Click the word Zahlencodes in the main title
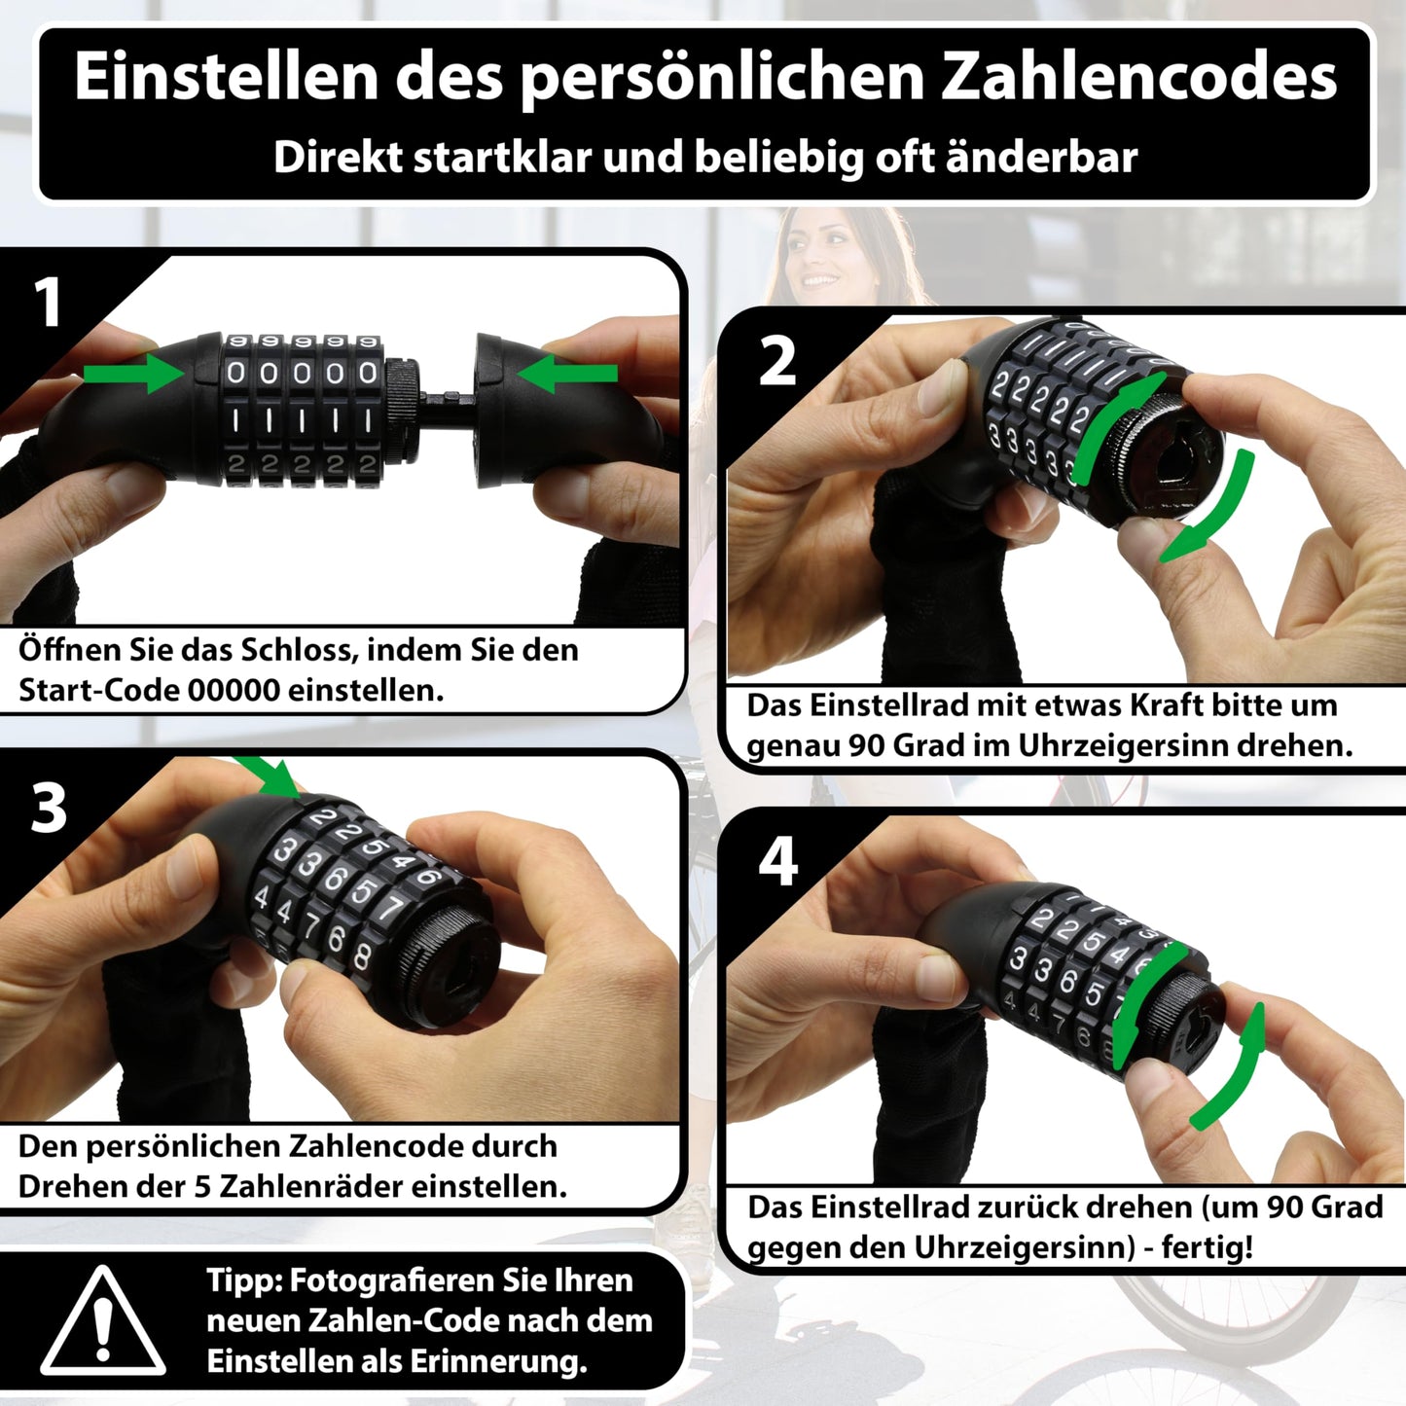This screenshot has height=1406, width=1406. pos(1139,77)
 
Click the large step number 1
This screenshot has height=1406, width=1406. pos(48,302)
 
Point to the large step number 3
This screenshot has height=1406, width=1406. pos(48,809)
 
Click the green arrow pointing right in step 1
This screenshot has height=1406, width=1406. pos(133,374)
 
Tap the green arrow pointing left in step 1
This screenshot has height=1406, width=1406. pos(567,374)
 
